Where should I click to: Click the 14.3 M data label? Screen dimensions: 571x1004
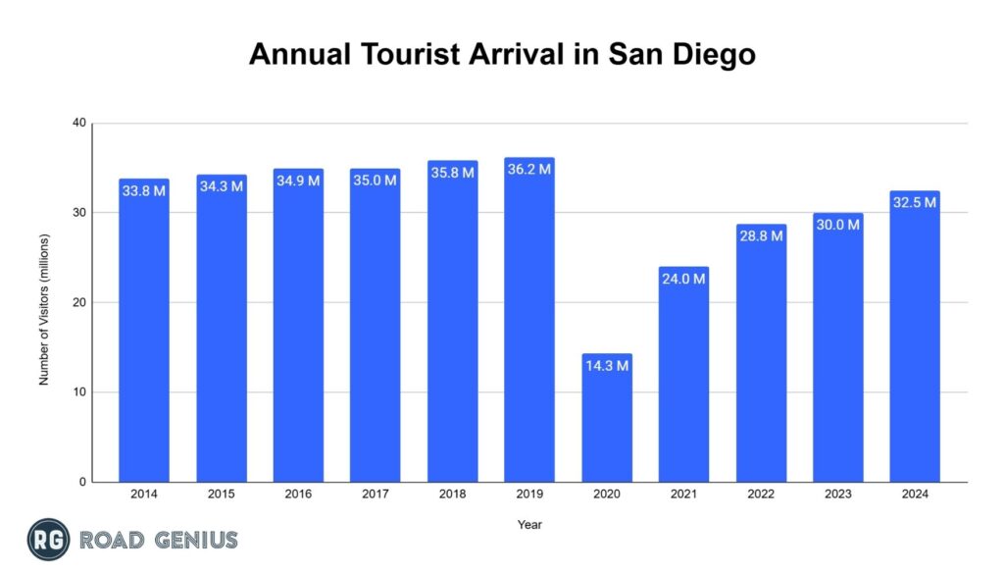[607, 366]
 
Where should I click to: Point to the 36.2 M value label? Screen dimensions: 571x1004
[529, 169]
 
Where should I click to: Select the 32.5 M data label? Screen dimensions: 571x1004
[915, 202]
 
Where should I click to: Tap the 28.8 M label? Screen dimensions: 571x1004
[761, 235]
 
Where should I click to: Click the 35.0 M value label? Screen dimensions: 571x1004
[376, 180]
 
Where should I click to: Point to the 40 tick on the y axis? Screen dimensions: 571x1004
[78, 123]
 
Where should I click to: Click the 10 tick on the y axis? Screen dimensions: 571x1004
[78, 392]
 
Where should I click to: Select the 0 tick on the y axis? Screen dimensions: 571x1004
[82, 482]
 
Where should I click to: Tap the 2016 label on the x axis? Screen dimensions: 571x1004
[298, 494]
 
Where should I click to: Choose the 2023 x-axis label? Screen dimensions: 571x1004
[837, 494]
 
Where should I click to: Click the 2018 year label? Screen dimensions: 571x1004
[452, 494]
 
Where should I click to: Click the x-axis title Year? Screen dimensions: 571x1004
[529, 524]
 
